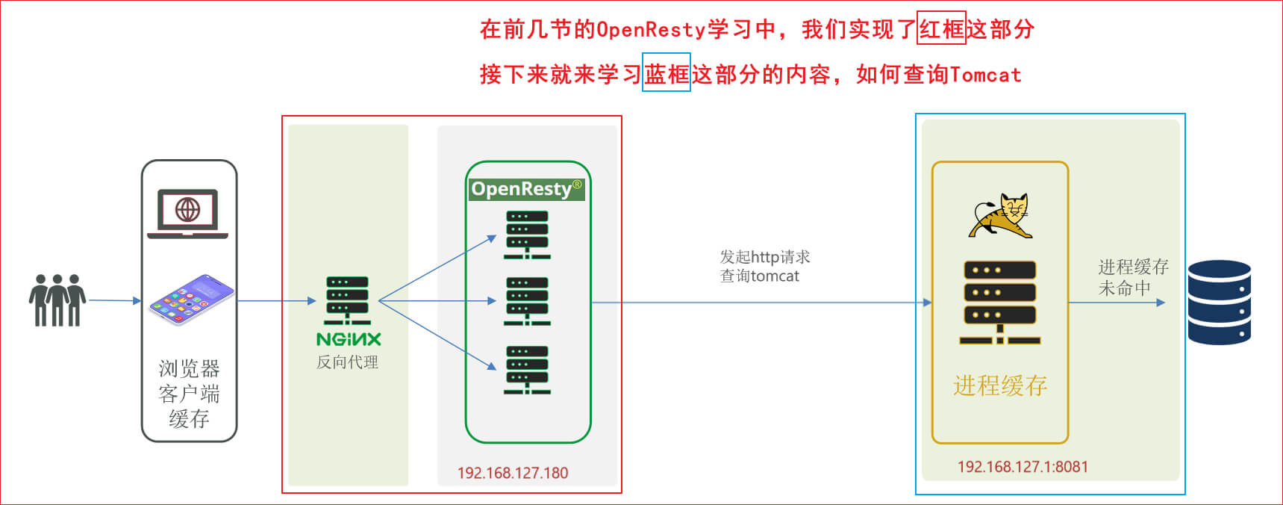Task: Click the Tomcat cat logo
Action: tap(1001, 216)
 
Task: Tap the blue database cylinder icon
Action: tap(1219, 302)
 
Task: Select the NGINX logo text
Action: tap(349, 339)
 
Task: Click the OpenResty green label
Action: tap(526, 189)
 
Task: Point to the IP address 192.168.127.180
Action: tap(513, 473)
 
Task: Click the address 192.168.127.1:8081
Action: tap(1023, 467)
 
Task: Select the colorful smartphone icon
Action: tap(192, 299)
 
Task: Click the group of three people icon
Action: tap(57, 300)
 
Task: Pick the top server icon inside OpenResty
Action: tap(527, 235)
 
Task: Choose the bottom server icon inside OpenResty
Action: tap(527, 370)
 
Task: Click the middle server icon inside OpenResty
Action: tap(527, 301)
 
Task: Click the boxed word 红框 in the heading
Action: tap(941, 29)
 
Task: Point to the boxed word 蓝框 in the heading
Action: tap(667, 73)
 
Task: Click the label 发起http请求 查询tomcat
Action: tap(764, 267)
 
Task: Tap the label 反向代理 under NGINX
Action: tap(348, 362)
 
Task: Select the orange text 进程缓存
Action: tap(1000, 385)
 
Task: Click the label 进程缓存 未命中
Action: tap(1132, 277)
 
